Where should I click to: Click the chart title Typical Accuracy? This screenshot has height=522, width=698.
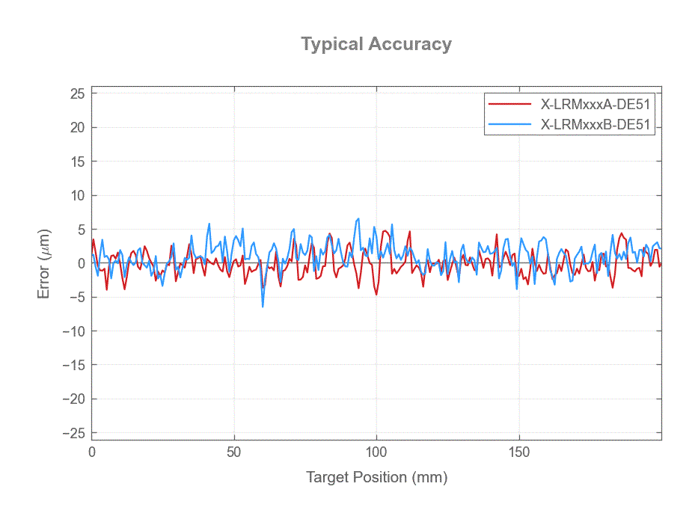[376, 44]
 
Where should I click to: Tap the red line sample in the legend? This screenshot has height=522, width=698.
[509, 104]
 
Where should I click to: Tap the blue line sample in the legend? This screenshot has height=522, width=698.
[509, 125]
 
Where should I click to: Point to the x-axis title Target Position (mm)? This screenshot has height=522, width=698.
[376, 477]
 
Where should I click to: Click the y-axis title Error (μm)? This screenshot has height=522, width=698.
[44, 263]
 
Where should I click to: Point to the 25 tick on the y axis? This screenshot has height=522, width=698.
[76, 93]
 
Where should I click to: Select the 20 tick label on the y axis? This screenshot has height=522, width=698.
[76, 128]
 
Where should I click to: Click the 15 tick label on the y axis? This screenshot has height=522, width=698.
[76, 162]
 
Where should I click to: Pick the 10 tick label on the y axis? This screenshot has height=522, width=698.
[76, 196]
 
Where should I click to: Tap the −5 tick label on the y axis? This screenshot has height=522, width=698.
[74, 298]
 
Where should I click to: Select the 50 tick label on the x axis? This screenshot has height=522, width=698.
[234, 452]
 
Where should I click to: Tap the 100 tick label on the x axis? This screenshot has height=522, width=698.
[376, 452]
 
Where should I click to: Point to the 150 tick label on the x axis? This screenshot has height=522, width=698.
[519, 452]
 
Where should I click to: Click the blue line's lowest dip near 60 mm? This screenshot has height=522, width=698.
[263, 306]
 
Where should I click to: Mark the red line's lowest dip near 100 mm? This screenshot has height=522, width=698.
[376, 294]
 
